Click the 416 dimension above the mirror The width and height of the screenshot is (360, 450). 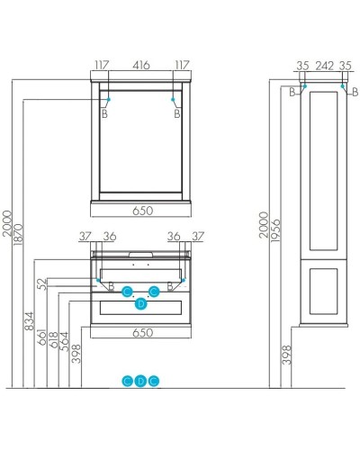142,65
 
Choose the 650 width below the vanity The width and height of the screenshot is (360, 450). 142,345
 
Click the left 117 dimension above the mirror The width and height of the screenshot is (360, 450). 100,65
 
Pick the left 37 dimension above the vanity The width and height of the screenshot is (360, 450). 85,237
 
